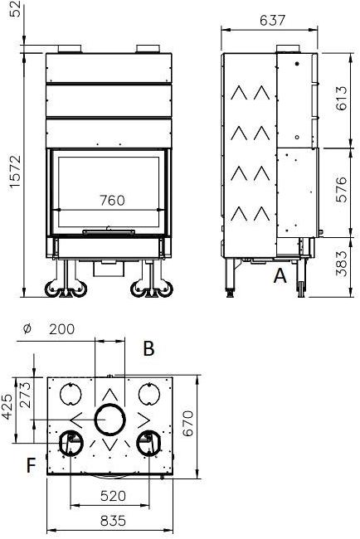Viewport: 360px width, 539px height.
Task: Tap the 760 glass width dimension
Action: tap(111, 200)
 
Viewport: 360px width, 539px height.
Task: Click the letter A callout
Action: tap(280, 276)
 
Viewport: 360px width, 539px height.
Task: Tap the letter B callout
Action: tap(148, 348)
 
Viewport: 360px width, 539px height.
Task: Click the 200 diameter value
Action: tap(61, 329)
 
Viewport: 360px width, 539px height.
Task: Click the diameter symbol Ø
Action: tap(27, 329)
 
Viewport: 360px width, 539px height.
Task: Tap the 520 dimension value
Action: tap(111, 497)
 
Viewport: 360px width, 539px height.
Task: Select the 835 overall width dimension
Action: tap(111, 522)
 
